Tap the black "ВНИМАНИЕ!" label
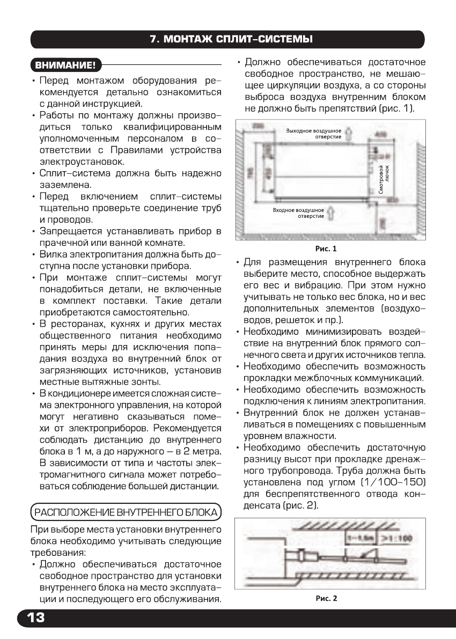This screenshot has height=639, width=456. (x=65, y=66)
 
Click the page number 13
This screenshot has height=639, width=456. (x=32, y=618)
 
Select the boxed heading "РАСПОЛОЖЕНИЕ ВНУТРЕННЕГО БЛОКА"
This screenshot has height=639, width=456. (x=126, y=512)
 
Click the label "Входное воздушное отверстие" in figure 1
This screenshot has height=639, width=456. (x=298, y=213)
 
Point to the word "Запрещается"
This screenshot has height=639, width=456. (x=72, y=231)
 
